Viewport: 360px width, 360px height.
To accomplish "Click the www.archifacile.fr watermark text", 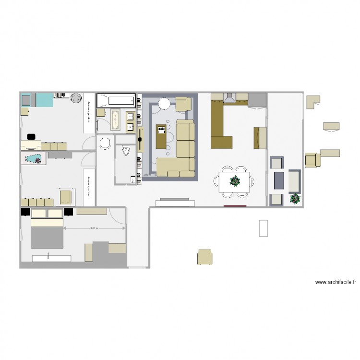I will (335, 282).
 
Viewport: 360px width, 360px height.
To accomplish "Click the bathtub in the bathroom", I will (116, 101).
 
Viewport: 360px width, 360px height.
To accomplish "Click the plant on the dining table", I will (235, 181).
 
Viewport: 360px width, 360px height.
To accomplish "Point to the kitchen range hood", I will (229, 98).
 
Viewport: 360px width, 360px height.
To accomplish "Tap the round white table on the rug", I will (165, 103).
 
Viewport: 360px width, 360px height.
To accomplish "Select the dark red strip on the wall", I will (235, 206).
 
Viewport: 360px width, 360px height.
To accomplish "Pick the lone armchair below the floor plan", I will (205, 257).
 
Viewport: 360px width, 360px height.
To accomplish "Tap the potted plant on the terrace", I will (294, 198).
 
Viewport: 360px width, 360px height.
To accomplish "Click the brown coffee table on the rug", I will (161, 136).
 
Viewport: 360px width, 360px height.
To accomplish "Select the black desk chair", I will (31, 136).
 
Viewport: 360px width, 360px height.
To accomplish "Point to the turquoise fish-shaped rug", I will (34, 159).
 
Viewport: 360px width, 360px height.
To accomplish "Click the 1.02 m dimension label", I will (147, 175).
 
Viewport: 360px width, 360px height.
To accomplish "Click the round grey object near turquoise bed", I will (76, 98).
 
